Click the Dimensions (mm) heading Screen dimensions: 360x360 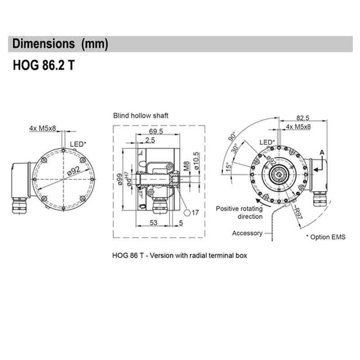click(x=60, y=44)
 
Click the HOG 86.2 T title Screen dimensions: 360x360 click(x=44, y=66)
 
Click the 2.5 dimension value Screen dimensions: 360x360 click(x=150, y=140)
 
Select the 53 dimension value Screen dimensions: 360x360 click(x=153, y=222)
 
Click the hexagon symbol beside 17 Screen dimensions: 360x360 click(x=187, y=212)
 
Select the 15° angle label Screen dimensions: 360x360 click(x=229, y=167)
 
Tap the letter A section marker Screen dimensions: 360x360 click(x=321, y=153)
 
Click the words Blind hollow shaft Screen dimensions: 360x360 click(x=141, y=116)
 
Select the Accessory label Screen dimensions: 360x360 click(x=247, y=233)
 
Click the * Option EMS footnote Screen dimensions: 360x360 click(x=326, y=237)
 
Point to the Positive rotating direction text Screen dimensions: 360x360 click(x=239, y=212)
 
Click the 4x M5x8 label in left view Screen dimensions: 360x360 click(x=43, y=128)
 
